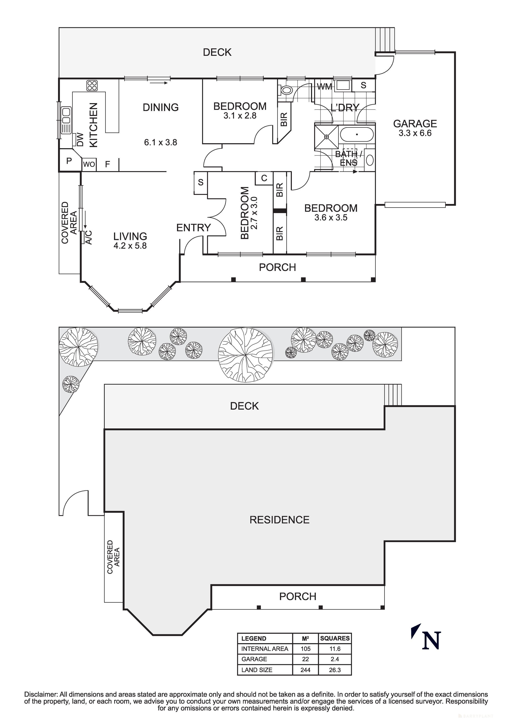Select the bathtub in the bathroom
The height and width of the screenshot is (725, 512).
tap(357, 135)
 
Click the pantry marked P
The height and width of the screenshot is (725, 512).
tap(69, 161)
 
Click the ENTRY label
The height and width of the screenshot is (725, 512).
tap(193, 228)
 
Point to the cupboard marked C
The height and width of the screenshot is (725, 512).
tap(264, 178)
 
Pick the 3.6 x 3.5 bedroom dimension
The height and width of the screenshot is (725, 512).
tap(331, 218)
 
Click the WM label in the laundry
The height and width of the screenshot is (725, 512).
tap(324, 87)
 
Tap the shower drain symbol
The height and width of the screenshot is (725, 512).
tap(327, 137)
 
